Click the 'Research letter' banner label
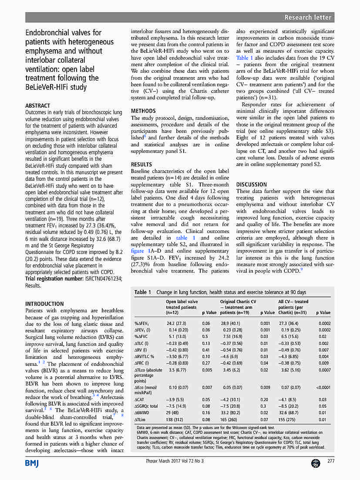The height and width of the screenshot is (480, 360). pos(308,17)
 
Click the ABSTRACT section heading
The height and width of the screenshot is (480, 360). pos(37,106)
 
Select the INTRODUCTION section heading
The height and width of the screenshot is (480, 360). pos(44,304)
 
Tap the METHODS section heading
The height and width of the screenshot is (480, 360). pos(143,111)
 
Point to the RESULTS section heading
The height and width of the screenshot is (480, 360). pos(141,165)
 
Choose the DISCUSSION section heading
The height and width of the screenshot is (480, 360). pos(251,185)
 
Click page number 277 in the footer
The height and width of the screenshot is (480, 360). pos(331,462)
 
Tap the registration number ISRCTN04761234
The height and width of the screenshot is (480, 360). pos(104,279)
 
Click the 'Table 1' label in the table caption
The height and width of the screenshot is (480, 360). pos(143,292)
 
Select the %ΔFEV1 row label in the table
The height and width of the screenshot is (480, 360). pos(142,324)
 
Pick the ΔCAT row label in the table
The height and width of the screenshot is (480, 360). pos(139,399)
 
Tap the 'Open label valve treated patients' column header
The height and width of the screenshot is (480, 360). pos(182,307)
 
